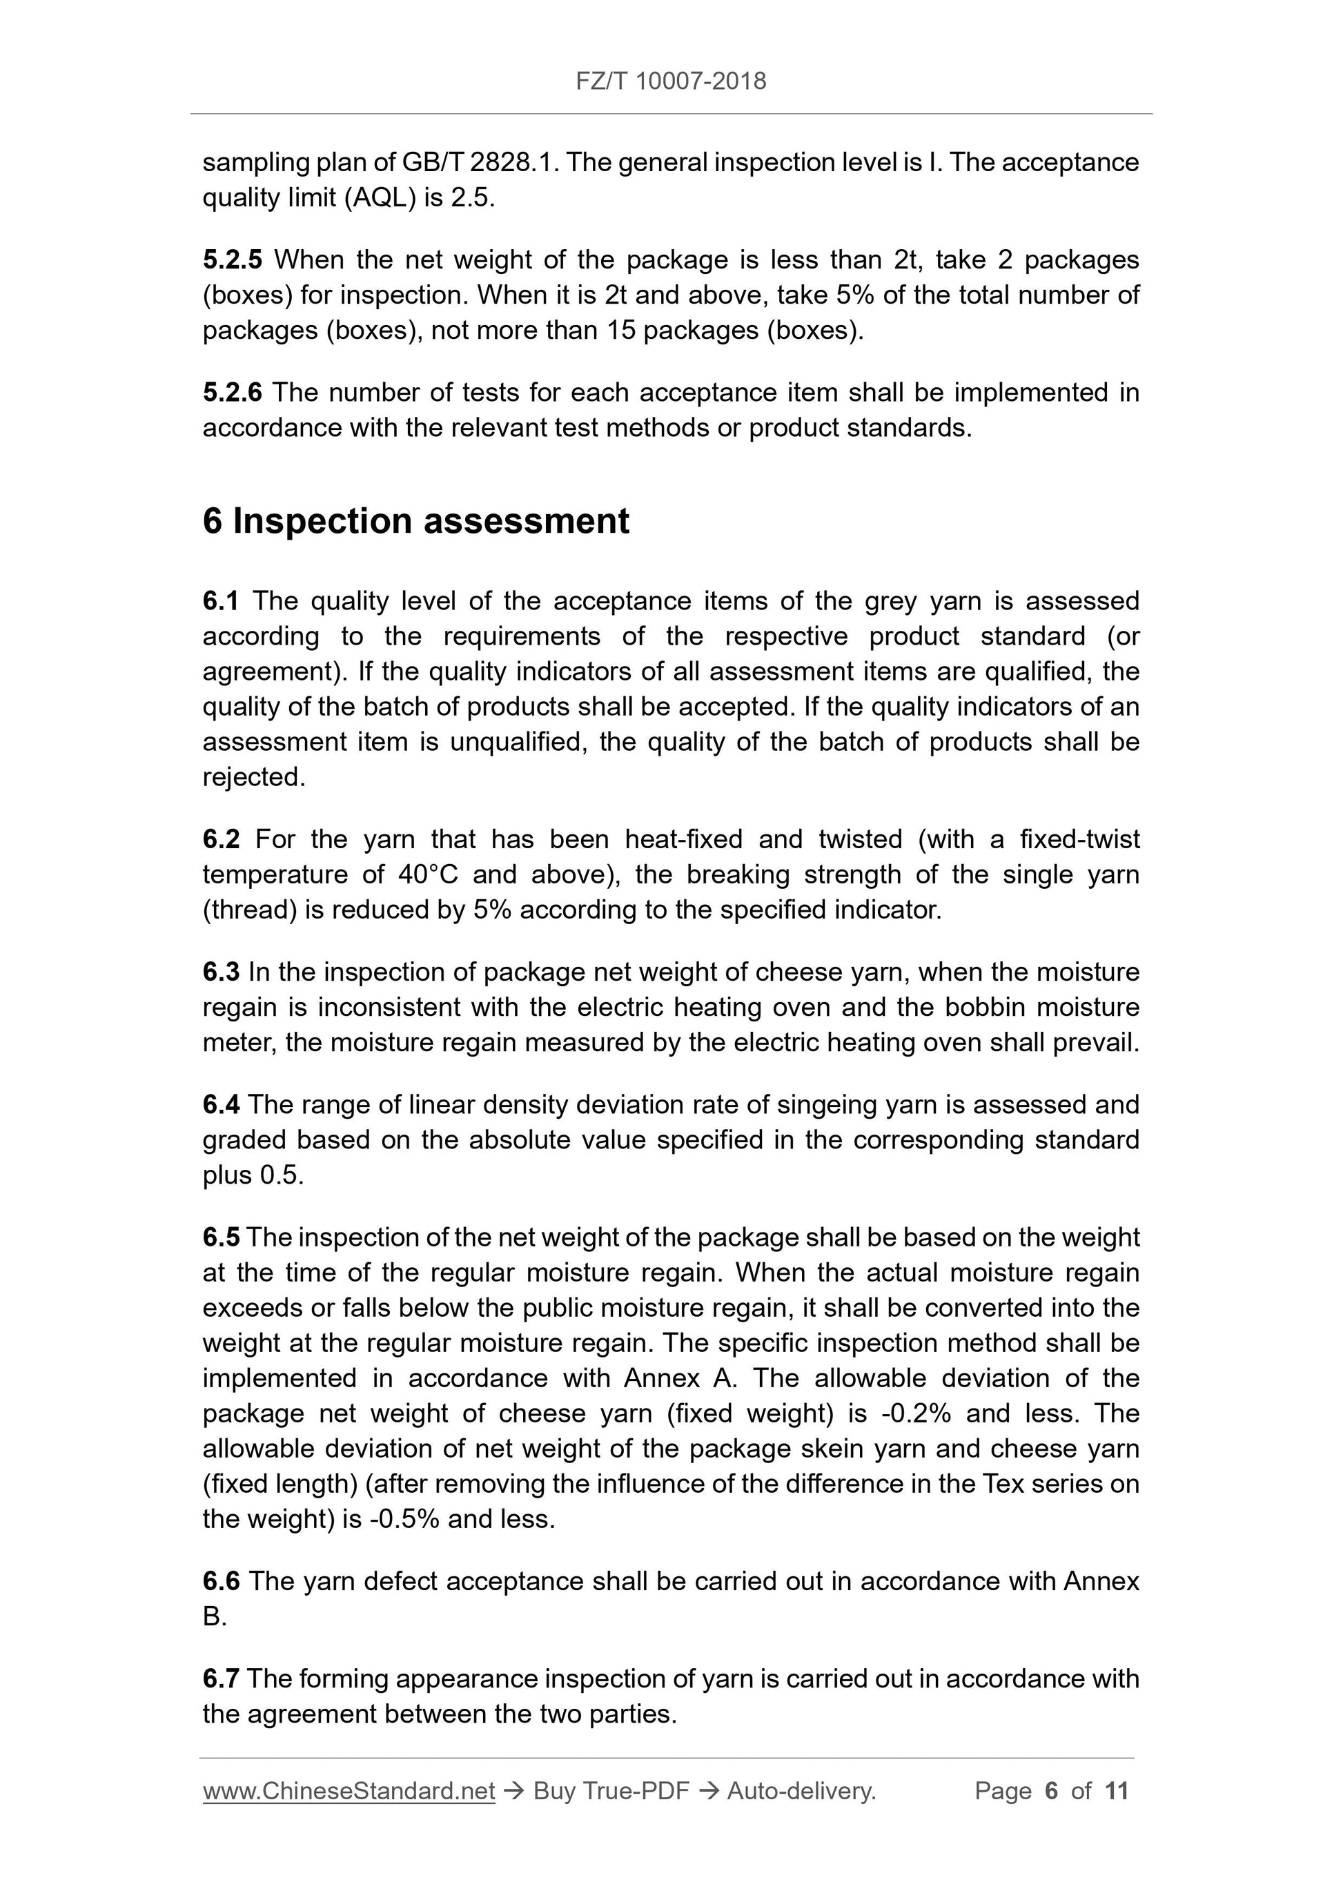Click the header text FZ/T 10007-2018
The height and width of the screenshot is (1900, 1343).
(x=670, y=81)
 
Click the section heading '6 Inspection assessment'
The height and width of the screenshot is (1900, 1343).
(x=415, y=521)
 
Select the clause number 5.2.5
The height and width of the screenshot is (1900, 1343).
(x=232, y=259)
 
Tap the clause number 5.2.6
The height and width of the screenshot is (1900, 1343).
(x=232, y=392)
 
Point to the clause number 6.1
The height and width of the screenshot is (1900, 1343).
(x=220, y=601)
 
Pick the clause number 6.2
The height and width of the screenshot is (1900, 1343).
(x=221, y=839)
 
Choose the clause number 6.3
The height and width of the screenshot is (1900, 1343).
(x=221, y=972)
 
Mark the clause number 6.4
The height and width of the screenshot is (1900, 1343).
(x=221, y=1105)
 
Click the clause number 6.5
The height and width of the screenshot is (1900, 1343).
(x=221, y=1237)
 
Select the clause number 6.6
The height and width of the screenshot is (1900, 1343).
(x=221, y=1581)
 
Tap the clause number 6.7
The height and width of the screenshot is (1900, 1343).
(x=221, y=1679)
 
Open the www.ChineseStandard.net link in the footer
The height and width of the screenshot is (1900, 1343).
(x=349, y=1792)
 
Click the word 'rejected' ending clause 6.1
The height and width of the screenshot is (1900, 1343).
(x=253, y=777)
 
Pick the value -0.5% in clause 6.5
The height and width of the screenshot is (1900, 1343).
(x=404, y=1519)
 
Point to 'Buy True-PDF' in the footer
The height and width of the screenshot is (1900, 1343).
(x=611, y=1792)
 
